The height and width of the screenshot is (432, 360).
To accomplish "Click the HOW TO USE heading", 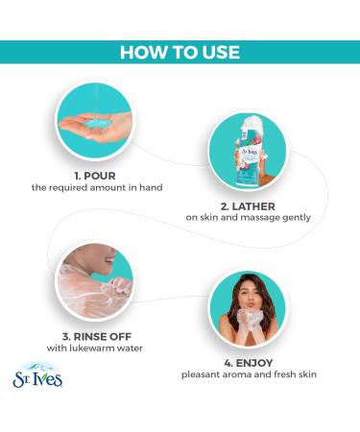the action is (180, 52).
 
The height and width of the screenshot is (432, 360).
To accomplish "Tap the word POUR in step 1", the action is (100, 176).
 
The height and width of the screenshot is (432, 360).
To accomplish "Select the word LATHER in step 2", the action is (253, 206).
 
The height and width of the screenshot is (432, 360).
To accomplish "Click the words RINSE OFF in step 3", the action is (103, 337).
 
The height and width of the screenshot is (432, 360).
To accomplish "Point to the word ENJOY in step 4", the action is (254, 363).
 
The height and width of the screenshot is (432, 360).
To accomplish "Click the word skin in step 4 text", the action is (307, 374).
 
